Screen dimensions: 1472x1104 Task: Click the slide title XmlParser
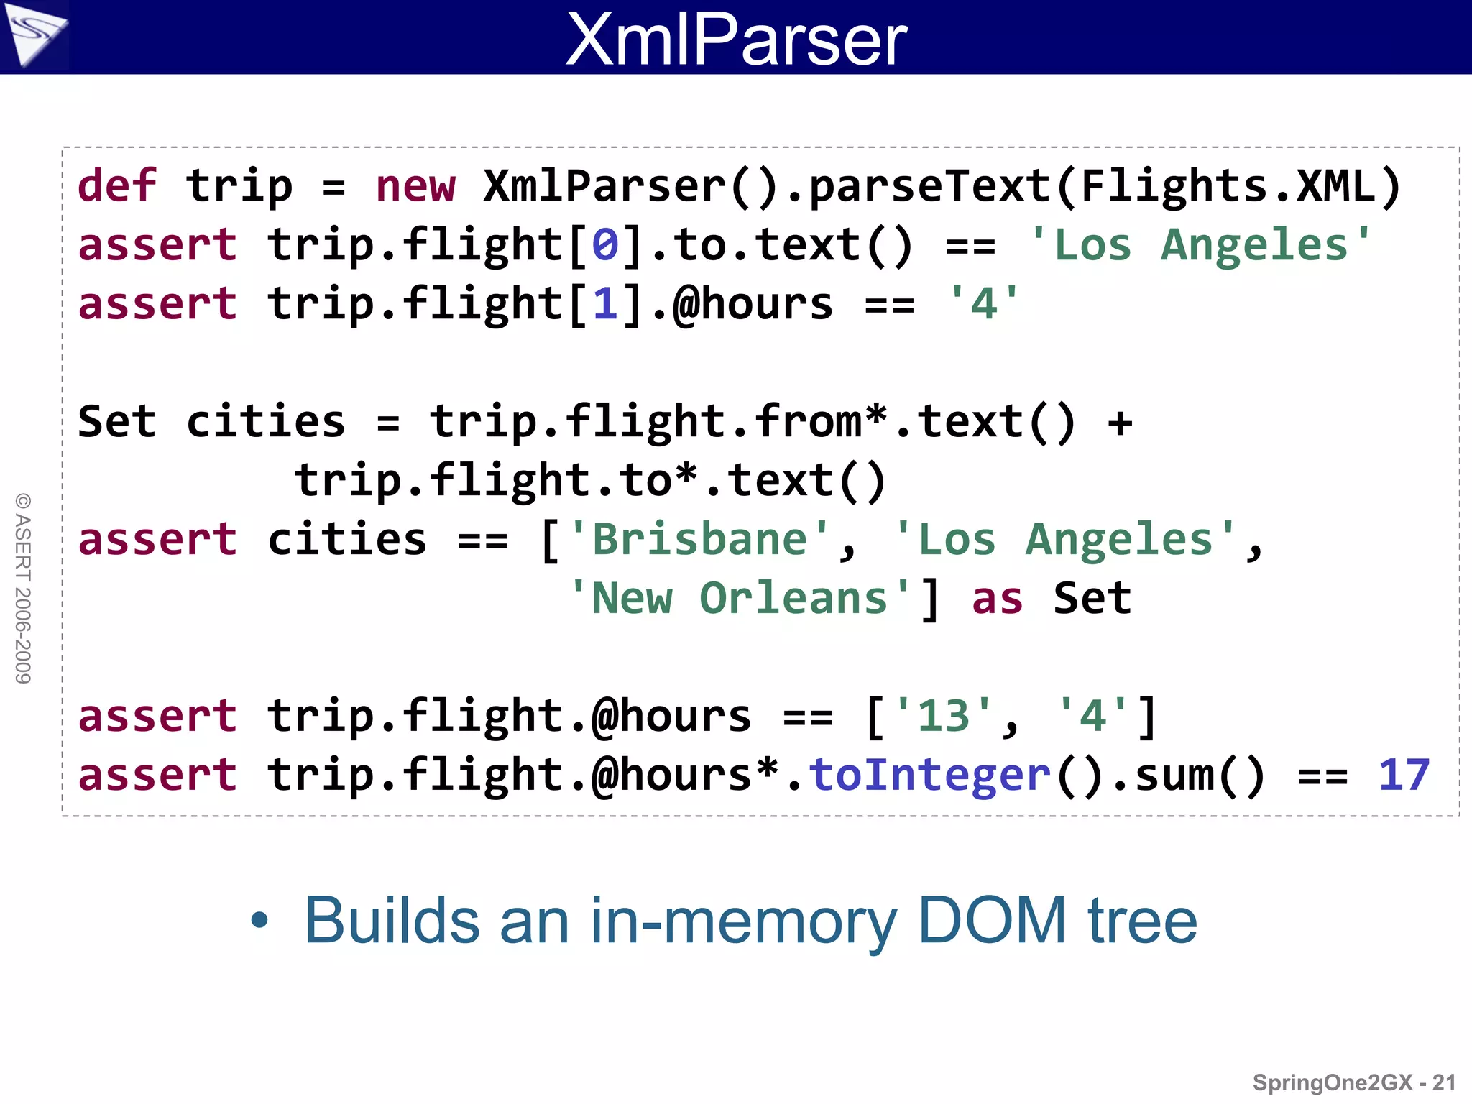click(x=736, y=39)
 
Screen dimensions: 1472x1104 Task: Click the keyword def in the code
click(x=116, y=186)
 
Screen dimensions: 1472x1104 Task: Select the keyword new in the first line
click(x=415, y=186)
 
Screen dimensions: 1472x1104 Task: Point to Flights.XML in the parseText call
click(x=1228, y=186)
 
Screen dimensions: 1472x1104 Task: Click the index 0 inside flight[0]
click(x=604, y=245)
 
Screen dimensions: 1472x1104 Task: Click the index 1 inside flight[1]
click(x=604, y=304)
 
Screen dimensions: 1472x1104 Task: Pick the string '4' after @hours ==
click(x=983, y=304)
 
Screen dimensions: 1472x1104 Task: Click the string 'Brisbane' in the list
click(x=699, y=540)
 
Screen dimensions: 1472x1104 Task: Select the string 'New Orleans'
click(x=740, y=599)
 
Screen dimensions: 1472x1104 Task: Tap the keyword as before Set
click(x=997, y=599)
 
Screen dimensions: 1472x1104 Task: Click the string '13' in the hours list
click(x=942, y=717)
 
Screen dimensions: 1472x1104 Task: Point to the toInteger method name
click(x=929, y=776)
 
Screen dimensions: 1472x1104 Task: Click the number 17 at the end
click(x=1404, y=776)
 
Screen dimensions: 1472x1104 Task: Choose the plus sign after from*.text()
click(x=1120, y=422)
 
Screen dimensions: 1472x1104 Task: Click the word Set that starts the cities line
click(x=116, y=422)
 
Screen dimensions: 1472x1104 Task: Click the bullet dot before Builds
click(x=259, y=921)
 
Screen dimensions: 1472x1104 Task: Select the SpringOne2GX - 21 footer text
click(x=1354, y=1082)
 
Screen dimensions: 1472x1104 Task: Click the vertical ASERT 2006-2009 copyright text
click(x=23, y=588)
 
